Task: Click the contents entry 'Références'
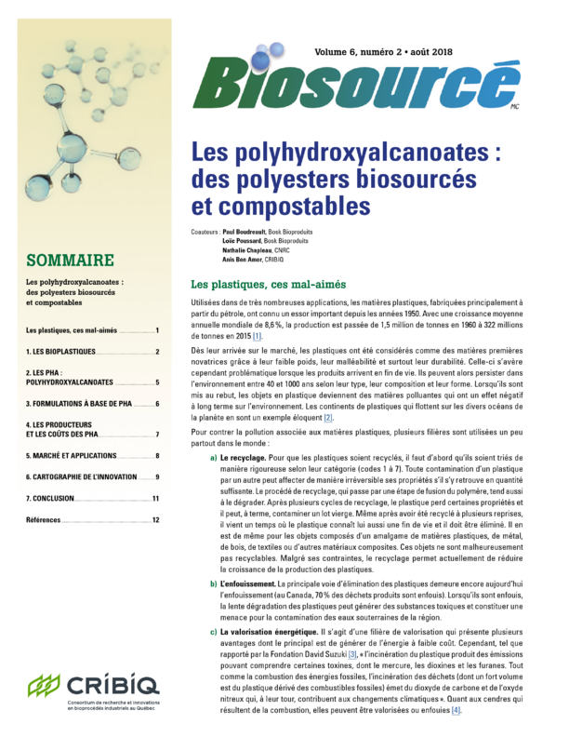45,520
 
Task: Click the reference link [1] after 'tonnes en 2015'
257,335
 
